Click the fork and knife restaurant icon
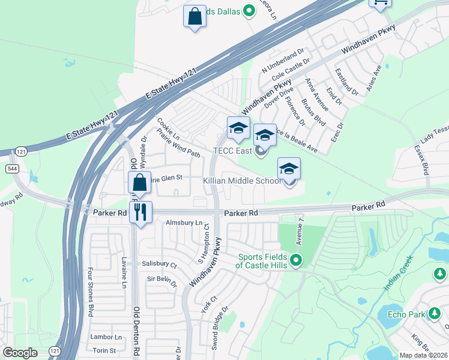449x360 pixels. (140, 212)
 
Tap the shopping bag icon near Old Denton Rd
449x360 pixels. (139, 182)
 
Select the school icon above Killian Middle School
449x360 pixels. (289, 169)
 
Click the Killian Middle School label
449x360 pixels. (241, 181)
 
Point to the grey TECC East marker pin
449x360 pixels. (261, 151)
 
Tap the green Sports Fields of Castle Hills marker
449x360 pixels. (295, 260)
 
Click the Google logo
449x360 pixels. (20, 353)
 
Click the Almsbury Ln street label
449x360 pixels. (184, 223)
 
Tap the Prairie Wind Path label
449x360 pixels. (178, 145)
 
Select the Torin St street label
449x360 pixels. (104, 350)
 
